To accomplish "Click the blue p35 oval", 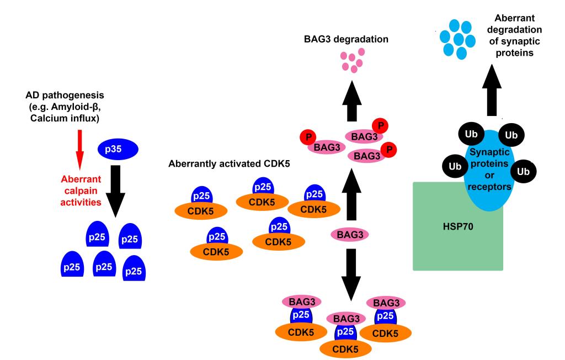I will point(118,150).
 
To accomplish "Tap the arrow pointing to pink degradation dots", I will point(350,102).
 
